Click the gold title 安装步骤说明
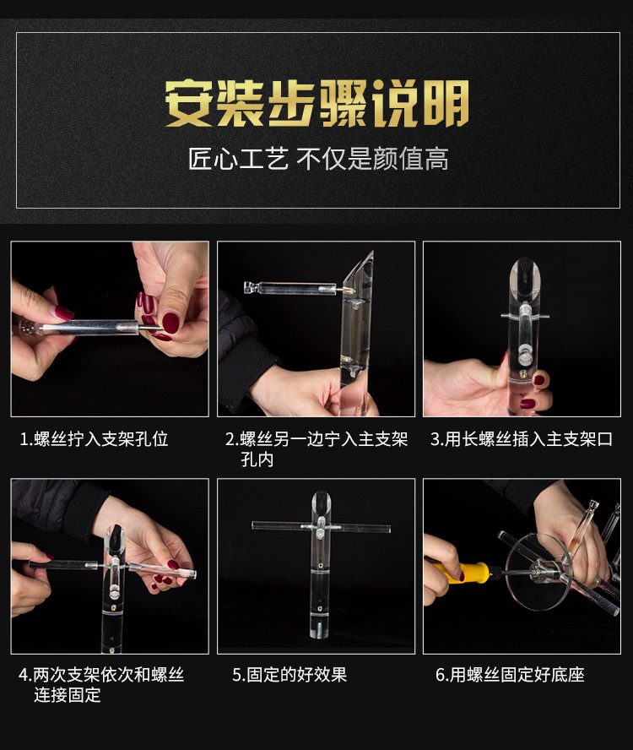316,103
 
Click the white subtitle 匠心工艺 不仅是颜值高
317,159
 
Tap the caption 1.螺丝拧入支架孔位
95,439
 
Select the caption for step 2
316,449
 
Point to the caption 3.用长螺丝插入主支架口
521,439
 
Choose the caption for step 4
101,684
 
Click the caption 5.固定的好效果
289,674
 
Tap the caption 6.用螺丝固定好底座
510,674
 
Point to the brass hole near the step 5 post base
320,606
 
